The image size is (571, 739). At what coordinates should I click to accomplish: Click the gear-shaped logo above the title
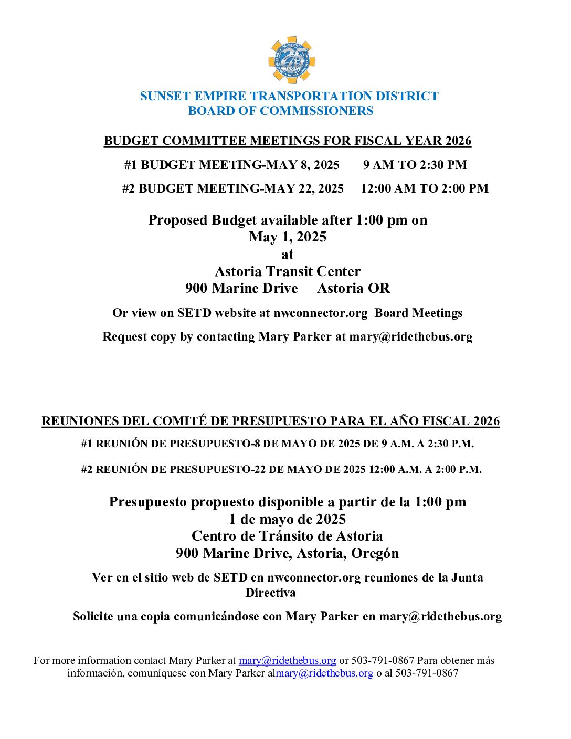pos(291,60)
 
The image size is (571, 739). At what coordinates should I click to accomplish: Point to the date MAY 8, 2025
pos(303,165)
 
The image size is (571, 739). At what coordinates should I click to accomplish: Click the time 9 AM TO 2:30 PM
pos(415,165)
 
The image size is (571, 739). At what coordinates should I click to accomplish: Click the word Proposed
pos(178,220)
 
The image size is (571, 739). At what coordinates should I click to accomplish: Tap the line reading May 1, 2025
pos(288,237)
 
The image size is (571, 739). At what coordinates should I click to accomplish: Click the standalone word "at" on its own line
pos(287,255)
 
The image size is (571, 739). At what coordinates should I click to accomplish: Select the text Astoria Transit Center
pos(288,272)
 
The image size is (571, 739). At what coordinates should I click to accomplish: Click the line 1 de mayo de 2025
pos(288,520)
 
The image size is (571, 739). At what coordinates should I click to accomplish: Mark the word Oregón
pos(375,554)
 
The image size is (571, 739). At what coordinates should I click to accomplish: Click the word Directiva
pos(270,593)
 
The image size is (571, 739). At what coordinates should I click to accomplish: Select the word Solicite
pos(93,617)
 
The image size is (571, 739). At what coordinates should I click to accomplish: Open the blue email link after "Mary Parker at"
pos(287,661)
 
